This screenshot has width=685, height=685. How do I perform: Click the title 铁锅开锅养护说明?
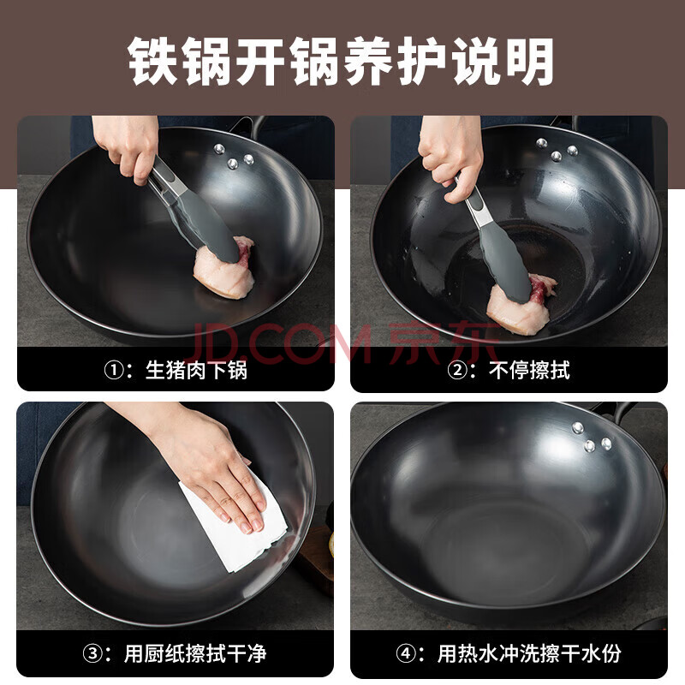tap(341, 61)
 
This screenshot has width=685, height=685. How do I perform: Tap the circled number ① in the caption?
tap(114, 371)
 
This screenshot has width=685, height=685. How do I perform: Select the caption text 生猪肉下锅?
tap(196, 370)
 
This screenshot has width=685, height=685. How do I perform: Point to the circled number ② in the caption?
tap(457, 371)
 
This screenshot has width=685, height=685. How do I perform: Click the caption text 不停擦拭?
tap(529, 370)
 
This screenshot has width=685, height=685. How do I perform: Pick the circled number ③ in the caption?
tap(92, 653)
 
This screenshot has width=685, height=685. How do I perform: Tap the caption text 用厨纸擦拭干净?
tap(195, 653)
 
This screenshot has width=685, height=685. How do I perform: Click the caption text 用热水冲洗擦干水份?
tap(529, 653)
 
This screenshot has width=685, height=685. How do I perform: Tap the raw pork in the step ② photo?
tap(520, 305)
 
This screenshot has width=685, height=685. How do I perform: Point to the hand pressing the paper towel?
tap(205, 463)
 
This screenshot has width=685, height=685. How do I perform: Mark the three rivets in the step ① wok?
tap(234, 157)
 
